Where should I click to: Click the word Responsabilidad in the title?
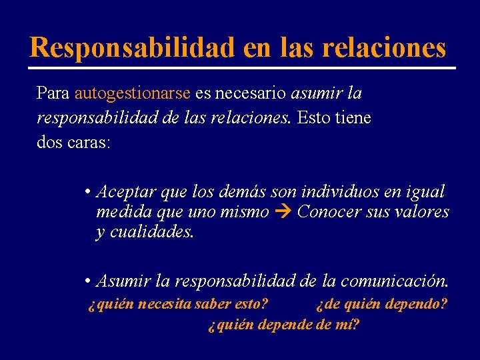click(x=132, y=47)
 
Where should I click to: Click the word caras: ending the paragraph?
click(x=87, y=143)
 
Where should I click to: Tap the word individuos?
click(x=343, y=192)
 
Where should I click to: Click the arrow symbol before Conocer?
click(x=283, y=213)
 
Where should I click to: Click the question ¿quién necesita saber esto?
click(x=178, y=305)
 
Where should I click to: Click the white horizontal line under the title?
click(x=241, y=68)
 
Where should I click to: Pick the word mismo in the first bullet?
click(x=249, y=213)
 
